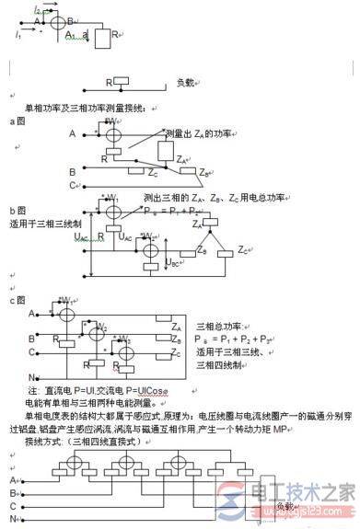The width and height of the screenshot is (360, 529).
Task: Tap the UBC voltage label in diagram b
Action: pyautogui.click(x=172, y=263)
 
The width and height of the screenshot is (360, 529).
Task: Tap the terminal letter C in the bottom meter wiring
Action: pyautogui.click(x=12, y=506)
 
